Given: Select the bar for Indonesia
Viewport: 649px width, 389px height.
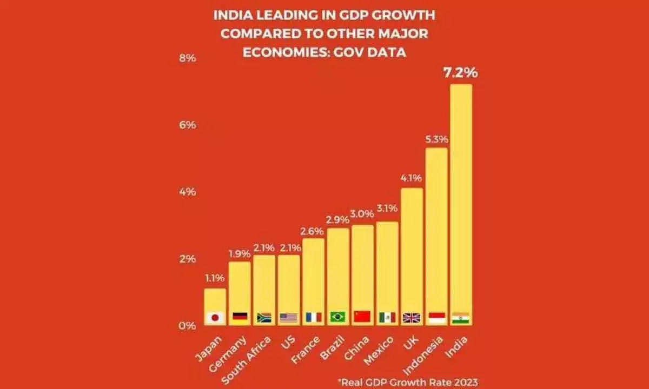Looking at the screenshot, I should click(436, 232).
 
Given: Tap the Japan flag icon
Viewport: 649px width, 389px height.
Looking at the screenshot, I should click(215, 318).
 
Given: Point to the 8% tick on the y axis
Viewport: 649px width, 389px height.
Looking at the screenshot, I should click(187, 58).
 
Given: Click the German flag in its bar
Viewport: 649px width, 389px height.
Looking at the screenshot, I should click(240, 318).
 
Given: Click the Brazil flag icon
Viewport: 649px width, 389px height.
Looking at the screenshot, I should click(338, 317).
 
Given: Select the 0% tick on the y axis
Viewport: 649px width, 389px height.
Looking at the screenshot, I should click(187, 326).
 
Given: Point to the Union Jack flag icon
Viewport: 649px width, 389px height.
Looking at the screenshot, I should click(412, 318).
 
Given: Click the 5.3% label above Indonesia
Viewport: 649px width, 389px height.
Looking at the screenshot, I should click(436, 139).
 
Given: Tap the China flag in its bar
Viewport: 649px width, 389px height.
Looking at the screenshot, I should click(362, 317).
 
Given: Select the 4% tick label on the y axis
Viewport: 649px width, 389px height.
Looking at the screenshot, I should click(187, 192).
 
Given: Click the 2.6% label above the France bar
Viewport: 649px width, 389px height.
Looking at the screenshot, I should click(313, 231).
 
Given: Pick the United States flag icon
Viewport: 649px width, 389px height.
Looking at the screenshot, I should click(289, 318).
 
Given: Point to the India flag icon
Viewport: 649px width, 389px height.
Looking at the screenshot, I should click(461, 317).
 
